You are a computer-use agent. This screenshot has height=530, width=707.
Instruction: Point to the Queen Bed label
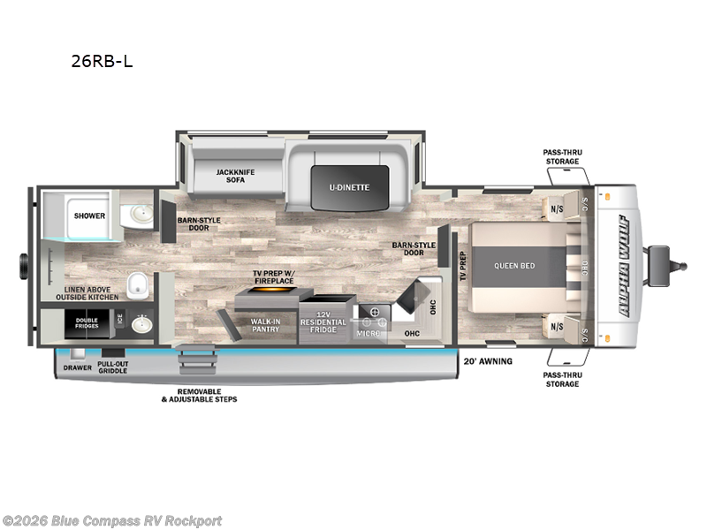coord(514,266)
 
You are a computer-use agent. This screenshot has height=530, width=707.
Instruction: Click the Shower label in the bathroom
coord(89,216)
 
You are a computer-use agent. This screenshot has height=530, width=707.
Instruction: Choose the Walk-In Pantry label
coord(265,325)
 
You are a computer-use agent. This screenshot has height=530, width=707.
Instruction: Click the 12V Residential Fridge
coord(326,323)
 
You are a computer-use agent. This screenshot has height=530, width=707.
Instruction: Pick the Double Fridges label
coord(87,323)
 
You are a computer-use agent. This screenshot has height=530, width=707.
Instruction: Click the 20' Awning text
coord(488,361)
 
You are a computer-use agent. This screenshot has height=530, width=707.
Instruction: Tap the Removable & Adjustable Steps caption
coord(199,395)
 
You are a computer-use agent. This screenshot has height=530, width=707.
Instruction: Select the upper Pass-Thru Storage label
coord(561,156)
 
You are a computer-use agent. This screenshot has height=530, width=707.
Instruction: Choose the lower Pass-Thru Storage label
coord(561,379)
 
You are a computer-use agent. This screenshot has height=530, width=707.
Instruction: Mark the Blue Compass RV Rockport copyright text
coord(112,520)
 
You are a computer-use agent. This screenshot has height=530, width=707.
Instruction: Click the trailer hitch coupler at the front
coord(675,261)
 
